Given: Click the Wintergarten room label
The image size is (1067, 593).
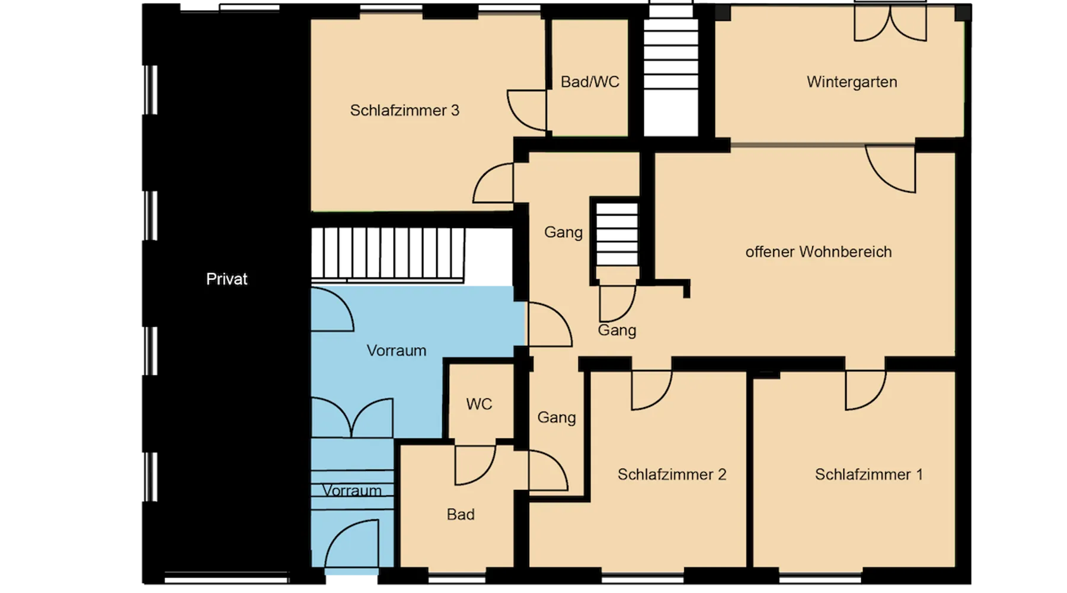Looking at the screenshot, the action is (x=852, y=82).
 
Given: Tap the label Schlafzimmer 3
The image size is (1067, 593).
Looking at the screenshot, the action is (x=404, y=111).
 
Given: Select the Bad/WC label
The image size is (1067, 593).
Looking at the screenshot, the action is (x=590, y=82).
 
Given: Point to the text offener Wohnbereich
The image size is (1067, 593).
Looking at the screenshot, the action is (x=819, y=252).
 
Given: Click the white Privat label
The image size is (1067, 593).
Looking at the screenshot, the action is (x=226, y=279).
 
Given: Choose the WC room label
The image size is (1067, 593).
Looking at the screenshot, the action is (x=479, y=404).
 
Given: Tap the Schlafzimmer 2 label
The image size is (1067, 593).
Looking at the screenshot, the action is (x=672, y=474).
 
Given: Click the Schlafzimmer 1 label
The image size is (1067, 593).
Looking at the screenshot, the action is (x=868, y=474).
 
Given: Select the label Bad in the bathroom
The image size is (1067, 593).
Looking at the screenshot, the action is (x=461, y=515).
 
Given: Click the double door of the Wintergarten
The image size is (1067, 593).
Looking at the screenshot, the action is (x=890, y=24).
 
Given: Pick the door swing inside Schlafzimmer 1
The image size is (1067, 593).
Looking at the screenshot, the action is (x=865, y=390).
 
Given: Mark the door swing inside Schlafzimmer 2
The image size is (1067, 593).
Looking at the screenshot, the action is (x=651, y=390).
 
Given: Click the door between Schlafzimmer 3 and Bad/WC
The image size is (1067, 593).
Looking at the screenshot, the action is (x=527, y=110).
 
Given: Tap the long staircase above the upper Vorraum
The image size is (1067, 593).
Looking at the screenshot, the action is (x=388, y=254).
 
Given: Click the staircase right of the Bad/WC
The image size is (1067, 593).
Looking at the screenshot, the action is (x=671, y=71).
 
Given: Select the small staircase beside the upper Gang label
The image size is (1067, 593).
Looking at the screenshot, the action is (x=617, y=235).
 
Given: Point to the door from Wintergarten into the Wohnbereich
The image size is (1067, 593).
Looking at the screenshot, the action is (x=890, y=169).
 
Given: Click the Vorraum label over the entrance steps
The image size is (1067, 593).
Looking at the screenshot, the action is (x=352, y=491).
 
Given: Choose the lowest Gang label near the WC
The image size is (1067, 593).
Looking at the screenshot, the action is (x=557, y=418).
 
